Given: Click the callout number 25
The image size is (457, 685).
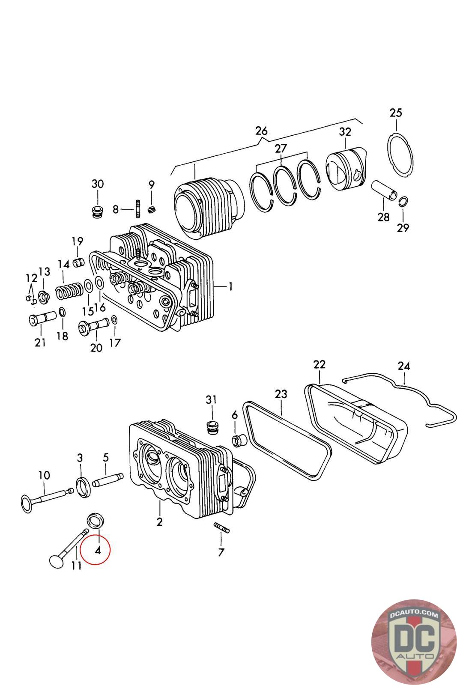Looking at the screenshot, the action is point(395,113).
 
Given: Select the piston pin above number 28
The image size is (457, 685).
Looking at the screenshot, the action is point(385,190).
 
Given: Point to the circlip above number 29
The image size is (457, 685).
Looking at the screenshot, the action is point(403,201).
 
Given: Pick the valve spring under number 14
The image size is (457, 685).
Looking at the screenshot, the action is point(69,290).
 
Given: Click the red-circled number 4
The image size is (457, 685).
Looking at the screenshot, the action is point(98,551).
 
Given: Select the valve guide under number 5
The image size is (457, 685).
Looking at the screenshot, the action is point(108,480).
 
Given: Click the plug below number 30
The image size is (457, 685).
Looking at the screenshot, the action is point(98,212).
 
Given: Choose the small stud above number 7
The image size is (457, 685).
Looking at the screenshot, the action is point(221,527).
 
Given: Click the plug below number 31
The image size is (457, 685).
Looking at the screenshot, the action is point(211,427).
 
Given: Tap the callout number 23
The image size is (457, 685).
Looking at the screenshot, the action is point(281,394).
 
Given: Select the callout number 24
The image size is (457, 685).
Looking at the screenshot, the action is point(403,366).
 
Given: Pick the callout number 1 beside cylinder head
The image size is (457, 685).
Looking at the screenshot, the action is point(230,286).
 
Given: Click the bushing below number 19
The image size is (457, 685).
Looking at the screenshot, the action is point(79,263).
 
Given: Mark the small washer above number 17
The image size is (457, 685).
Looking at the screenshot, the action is point(114,319).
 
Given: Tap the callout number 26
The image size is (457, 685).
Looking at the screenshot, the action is point(261,131).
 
